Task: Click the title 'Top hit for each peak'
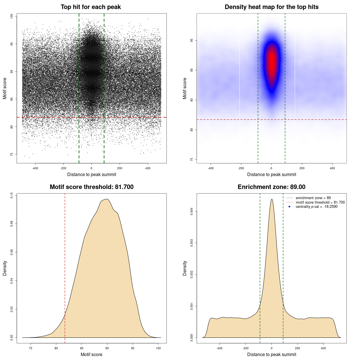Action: [91, 7]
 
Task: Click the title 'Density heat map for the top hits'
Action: [271, 7]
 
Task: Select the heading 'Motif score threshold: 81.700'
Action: [91, 187]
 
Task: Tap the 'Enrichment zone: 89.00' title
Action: [271, 187]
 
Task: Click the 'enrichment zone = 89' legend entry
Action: [313, 198]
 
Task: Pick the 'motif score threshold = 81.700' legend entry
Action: [320, 202]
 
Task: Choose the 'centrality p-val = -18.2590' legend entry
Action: [316, 207]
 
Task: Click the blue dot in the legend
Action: [289, 207]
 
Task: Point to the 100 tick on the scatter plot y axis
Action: [12, 16]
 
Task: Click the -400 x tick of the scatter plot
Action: [35, 168]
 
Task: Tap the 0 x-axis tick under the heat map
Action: [271, 168]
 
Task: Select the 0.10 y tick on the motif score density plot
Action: [12, 195]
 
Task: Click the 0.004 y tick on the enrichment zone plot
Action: [192, 211]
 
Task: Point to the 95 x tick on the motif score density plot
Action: [133, 348]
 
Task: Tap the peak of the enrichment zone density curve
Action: [272, 199]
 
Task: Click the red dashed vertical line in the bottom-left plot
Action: [65, 267]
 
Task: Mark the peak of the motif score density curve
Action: [107, 199]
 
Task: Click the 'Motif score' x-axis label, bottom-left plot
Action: [91, 354]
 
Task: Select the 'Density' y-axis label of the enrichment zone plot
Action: [185, 268]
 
